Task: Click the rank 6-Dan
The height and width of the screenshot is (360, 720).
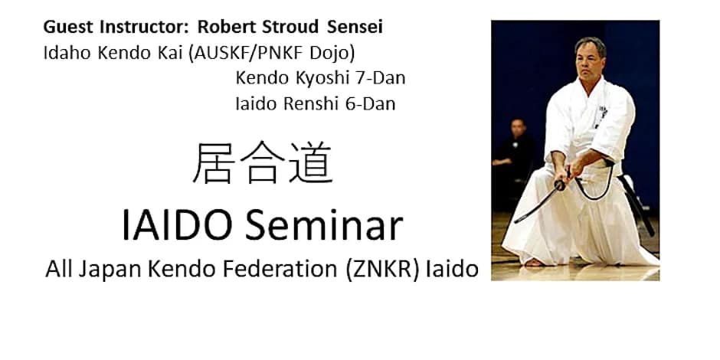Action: tap(370, 103)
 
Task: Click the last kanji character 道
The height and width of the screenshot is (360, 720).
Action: tap(310, 164)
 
